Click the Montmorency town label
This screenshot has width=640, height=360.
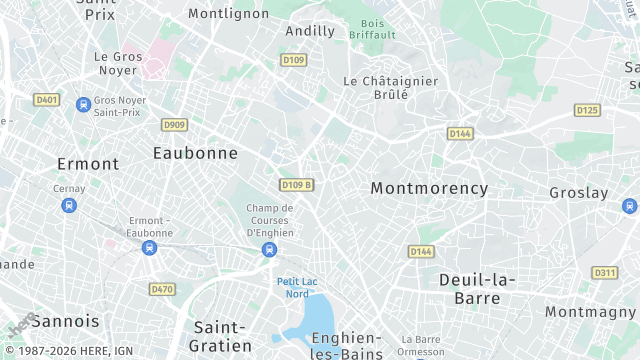429,188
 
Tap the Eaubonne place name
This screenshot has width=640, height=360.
195,153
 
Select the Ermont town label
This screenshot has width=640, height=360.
88,163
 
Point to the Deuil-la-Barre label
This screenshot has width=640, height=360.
477,288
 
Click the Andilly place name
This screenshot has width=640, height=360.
310,31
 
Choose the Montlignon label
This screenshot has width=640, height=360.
229,13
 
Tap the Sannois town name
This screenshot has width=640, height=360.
66,321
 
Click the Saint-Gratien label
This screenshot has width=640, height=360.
220,336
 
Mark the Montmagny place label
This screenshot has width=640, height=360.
591,312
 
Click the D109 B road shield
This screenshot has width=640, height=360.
296,185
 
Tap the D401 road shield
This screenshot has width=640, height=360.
46,99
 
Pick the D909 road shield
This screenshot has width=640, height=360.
174,124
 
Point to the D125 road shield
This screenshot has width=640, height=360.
587,110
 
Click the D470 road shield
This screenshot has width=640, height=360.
161,289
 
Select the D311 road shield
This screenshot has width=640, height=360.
605,272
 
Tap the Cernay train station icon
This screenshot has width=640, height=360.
69,205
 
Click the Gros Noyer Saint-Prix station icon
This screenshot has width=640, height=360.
83,102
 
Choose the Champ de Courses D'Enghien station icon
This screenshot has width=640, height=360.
268,249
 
